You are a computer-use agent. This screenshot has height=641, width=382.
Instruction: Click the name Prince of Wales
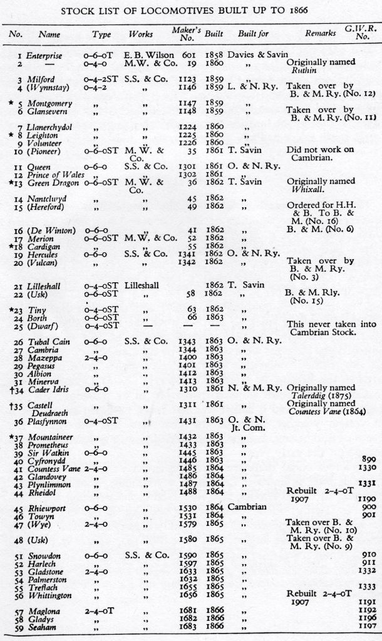pos(54,175)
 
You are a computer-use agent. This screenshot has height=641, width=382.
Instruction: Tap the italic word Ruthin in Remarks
pos(300,71)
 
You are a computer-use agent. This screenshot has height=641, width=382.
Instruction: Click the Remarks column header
pos(319,34)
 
